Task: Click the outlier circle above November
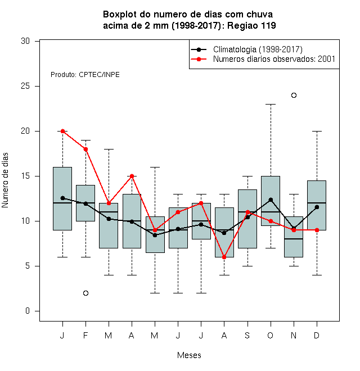[x=294, y=96]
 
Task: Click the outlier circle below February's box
[x=85, y=293]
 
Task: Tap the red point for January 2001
[x=63, y=131]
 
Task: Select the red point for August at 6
[x=224, y=257]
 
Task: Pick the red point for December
[x=317, y=230]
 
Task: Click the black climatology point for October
[x=271, y=200]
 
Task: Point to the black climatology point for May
[x=155, y=235]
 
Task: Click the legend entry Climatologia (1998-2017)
[x=258, y=49]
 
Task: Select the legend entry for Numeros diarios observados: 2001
[x=274, y=59]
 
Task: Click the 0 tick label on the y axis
[x=28, y=311]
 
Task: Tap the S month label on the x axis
[x=247, y=336]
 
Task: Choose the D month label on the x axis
[x=317, y=336]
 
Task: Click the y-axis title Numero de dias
[x=5, y=180]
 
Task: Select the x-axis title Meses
[x=189, y=355]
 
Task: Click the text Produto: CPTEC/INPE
[x=85, y=75]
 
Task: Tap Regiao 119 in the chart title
[x=251, y=25]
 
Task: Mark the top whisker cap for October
[x=271, y=104]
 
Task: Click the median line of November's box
[x=294, y=239]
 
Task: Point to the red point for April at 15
[x=132, y=176]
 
